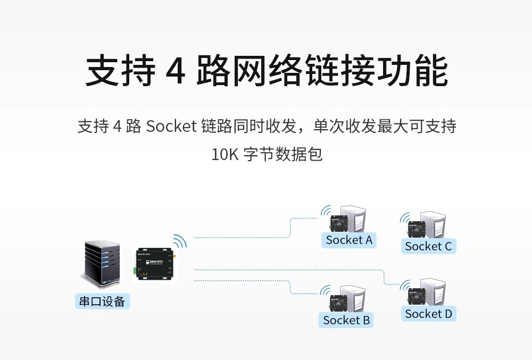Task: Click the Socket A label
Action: click(x=349, y=240)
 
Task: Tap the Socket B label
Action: click(x=346, y=320)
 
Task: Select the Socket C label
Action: click(x=428, y=246)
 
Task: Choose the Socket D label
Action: click(x=428, y=314)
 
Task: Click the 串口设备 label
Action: click(x=102, y=302)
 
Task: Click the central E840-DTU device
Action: click(x=154, y=264)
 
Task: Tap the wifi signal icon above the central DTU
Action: click(x=180, y=241)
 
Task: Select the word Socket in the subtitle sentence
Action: click(x=171, y=127)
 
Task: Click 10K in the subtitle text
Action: click(x=223, y=155)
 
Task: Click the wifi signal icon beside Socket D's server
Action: click(x=406, y=286)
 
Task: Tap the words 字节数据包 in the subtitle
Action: click(x=283, y=155)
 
